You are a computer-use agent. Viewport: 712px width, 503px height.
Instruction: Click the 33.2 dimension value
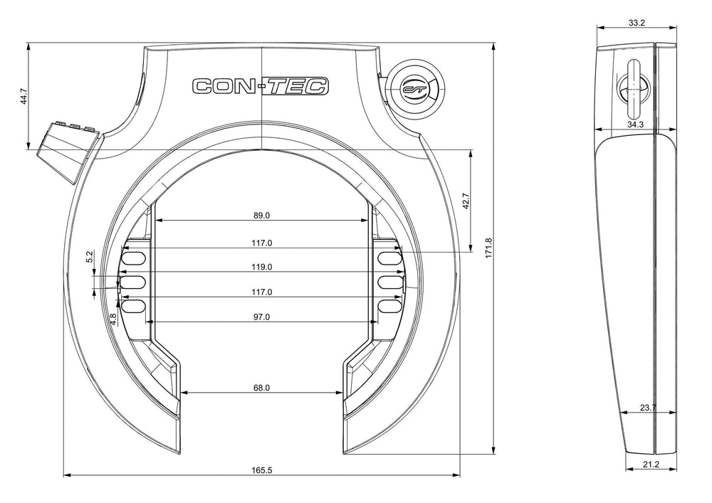point(637,23)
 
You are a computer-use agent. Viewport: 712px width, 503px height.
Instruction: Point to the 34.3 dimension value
point(635,125)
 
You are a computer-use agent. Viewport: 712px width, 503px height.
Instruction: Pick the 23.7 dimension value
point(648,407)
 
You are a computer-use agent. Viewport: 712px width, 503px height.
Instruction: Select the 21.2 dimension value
point(650,465)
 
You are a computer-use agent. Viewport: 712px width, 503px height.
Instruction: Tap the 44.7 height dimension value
point(24,97)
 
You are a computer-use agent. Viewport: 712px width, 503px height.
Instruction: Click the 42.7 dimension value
point(466,200)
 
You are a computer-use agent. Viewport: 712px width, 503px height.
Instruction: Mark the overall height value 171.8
point(488,248)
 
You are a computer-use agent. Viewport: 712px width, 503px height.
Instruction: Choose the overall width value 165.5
point(261,470)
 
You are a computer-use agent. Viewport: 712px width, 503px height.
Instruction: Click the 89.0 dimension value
point(261,215)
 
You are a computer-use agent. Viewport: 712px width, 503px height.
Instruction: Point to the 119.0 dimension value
point(261,267)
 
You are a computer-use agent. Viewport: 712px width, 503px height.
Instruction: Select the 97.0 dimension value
point(261,317)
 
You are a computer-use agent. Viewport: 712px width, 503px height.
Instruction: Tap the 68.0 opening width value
point(261,387)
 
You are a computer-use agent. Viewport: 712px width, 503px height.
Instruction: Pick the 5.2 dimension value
point(90,257)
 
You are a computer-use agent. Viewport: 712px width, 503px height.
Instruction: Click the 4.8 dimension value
point(113,319)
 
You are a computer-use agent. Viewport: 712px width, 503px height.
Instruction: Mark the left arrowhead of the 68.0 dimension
point(184,392)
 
